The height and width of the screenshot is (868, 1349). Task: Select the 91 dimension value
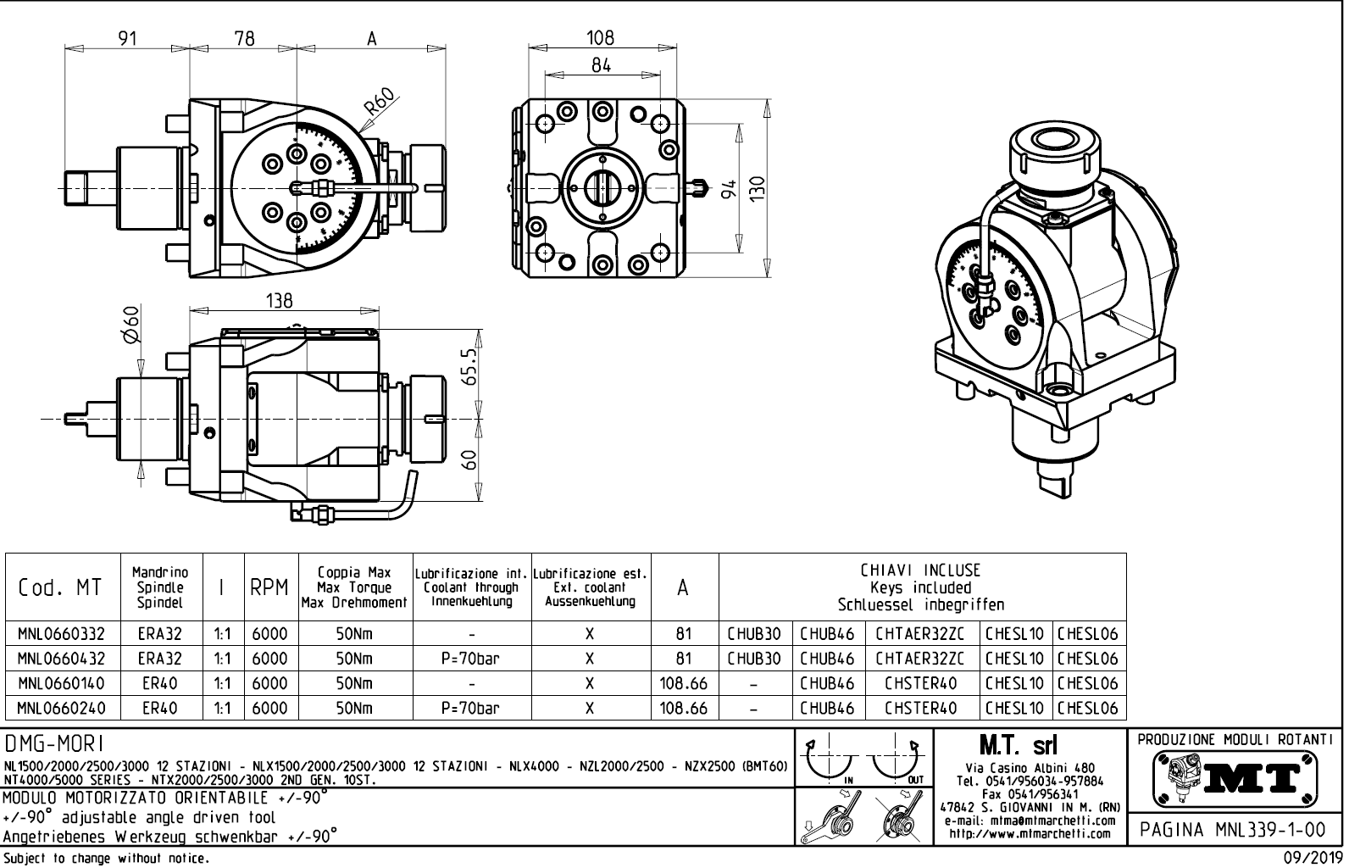click(x=127, y=38)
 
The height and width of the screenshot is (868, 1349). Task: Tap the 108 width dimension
click(x=601, y=37)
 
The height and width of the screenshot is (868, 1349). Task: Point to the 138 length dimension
click(x=279, y=300)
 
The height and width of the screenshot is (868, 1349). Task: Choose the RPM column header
click(x=269, y=587)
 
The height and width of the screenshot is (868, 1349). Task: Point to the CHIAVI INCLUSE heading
click(x=921, y=570)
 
